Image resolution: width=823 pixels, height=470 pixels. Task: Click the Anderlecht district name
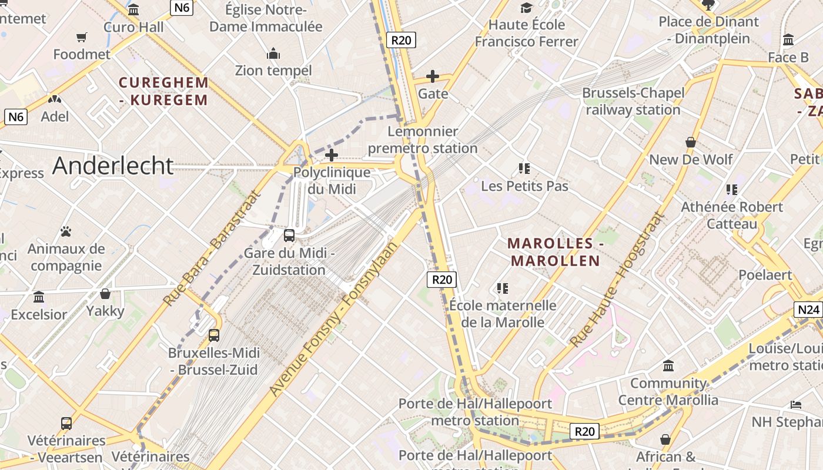pyautogui.click(x=113, y=166)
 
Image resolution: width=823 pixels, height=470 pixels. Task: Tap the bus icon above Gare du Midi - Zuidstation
pyautogui.click(x=289, y=236)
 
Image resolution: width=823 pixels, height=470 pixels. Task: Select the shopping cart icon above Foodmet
pyautogui.click(x=82, y=38)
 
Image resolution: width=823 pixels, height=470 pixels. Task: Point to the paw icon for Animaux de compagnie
pyautogui.click(x=66, y=231)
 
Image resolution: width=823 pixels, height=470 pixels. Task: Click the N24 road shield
pyautogui.click(x=808, y=310)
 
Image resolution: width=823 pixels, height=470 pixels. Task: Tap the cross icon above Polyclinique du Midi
pyautogui.click(x=332, y=155)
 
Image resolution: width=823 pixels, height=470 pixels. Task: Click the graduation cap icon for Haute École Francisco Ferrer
pyautogui.click(x=526, y=8)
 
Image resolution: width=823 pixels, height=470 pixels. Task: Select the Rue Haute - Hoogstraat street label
pyautogui.click(x=617, y=280)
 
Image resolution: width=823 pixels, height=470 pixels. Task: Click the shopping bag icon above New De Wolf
pyautogui.click(x=691, y=142)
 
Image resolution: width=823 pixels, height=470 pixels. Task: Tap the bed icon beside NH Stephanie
pyautogui.click(x=796, y=405)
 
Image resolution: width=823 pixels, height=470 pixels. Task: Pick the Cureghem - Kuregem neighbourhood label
pyautogui.click(x=163, y=91)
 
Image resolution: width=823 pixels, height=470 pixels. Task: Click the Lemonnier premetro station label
pyautogui.click(x=423, y=140)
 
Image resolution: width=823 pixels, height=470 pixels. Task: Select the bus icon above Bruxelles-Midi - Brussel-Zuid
pyautogui.click(x=214, y=335)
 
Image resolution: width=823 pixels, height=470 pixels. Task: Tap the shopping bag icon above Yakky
pyautogui.click(x=105, y=294)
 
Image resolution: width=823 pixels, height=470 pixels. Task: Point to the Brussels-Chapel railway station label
pyautogui.click(x=633, y=102)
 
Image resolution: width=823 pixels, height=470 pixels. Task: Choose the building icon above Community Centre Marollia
pyautogui.click(x=668, y=366)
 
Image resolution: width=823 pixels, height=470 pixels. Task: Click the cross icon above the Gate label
pyautogui.click(x=433, y=76)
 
